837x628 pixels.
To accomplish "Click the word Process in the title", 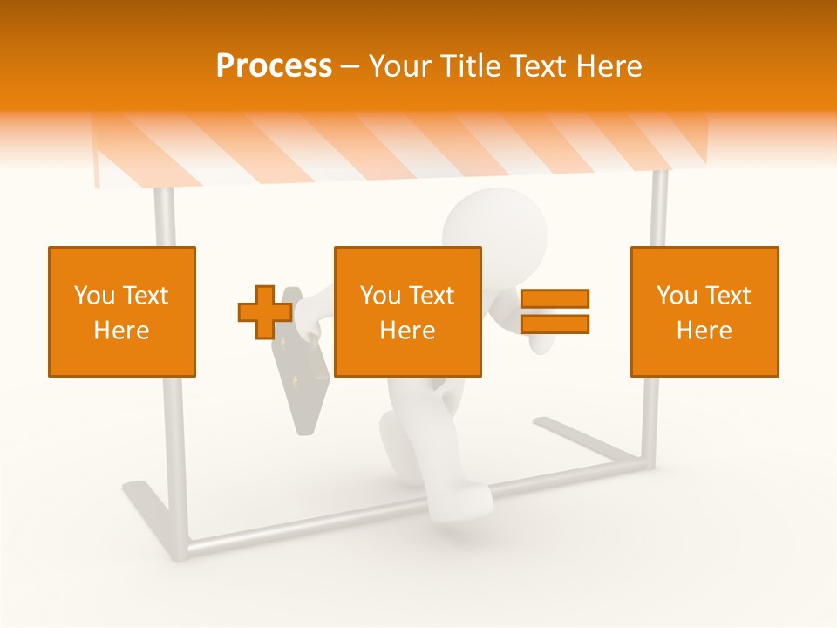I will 274,66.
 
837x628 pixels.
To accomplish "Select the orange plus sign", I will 265,312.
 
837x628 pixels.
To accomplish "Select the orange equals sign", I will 555,311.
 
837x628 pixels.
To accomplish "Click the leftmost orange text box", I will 122,311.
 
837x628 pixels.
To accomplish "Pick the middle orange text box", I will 407,311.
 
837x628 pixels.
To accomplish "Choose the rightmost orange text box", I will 704,311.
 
